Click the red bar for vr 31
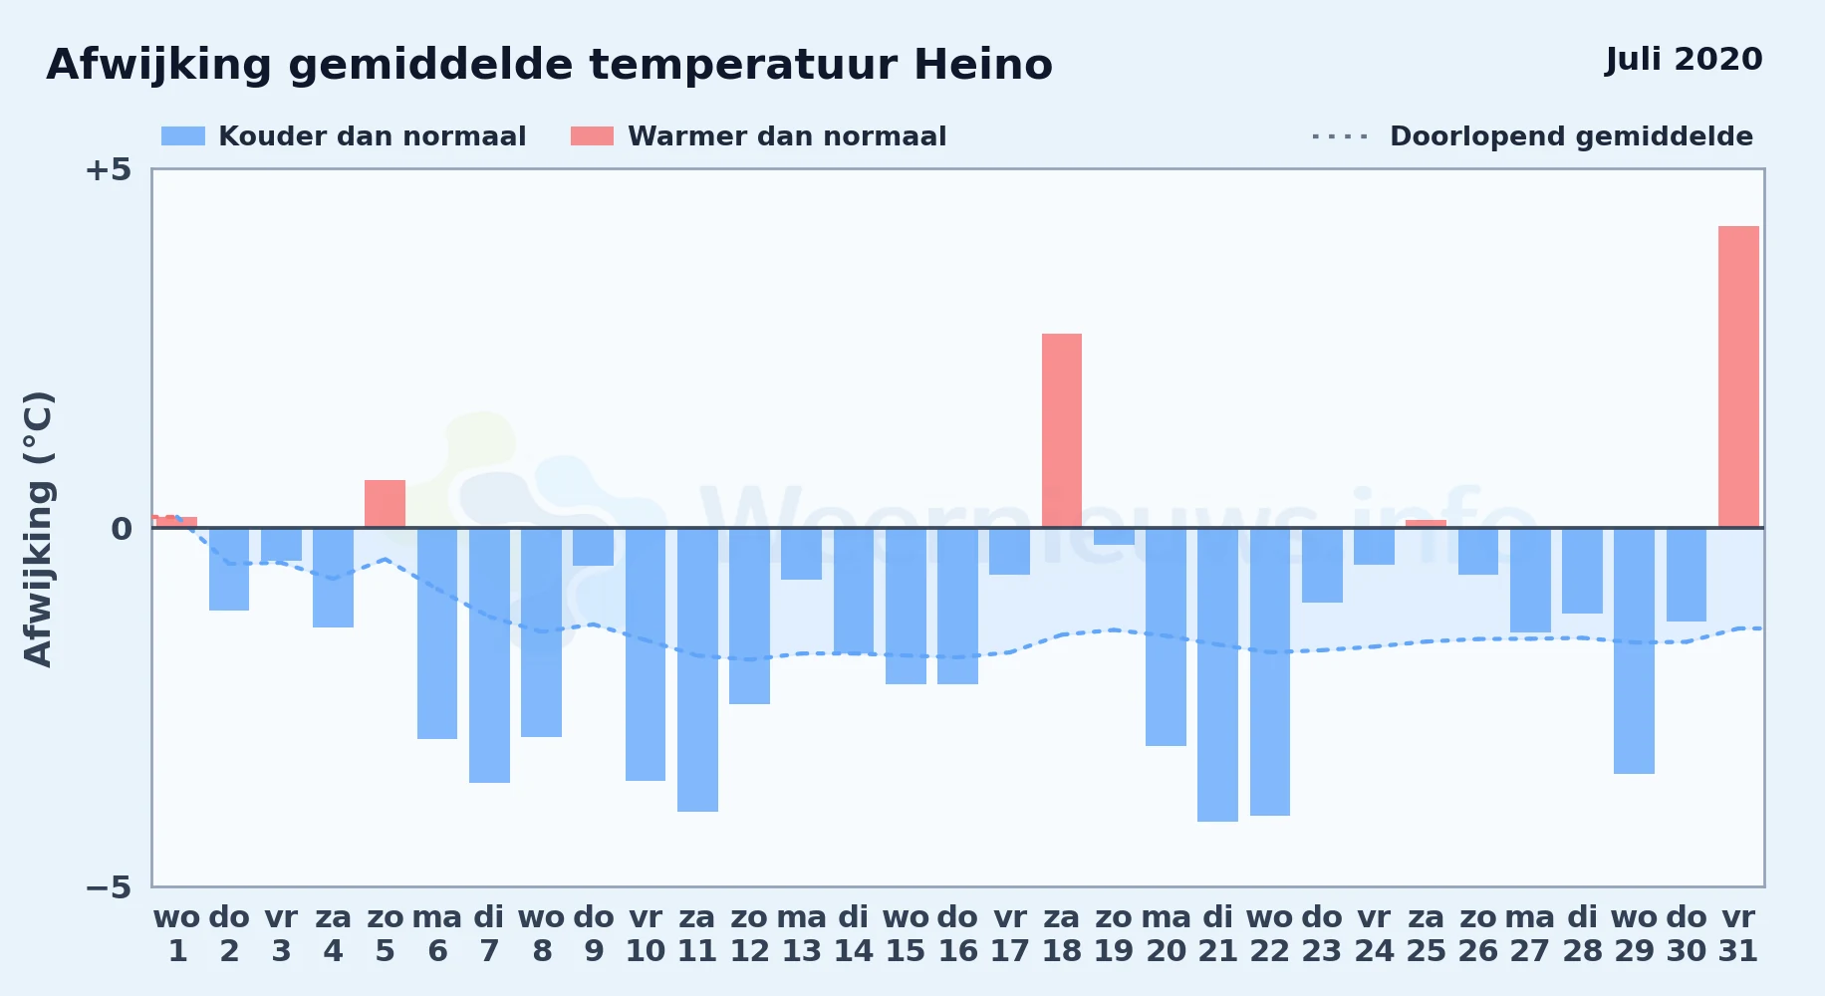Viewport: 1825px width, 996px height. coord(1738,376)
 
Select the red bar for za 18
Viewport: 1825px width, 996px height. coord(1062,430)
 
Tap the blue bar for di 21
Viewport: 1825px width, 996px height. coord(1217,674)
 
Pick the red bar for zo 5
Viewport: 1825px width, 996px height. coord(385,504)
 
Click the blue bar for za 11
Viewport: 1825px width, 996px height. coord(697,669)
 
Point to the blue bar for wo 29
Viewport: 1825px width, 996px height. coord(1634,650)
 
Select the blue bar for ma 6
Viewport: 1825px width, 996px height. coord(437,633)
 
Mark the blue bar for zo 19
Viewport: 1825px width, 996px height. coord(1114,536)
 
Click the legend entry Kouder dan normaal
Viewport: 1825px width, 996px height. coord(344,136)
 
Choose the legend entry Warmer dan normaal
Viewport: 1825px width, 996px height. coord(758,136)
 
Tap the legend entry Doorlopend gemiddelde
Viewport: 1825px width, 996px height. coord(1533,136)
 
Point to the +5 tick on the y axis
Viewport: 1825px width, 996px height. coord(108,169)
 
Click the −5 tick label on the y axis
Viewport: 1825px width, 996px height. coord(108,886)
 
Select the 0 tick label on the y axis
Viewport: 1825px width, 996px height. coord(122,528)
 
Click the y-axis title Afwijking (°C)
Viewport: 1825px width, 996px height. coord(38,529)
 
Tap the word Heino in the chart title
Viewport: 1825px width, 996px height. coord(983,65)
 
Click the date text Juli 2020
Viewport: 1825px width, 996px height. coord(1685,59)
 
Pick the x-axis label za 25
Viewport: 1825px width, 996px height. coord(1426,934)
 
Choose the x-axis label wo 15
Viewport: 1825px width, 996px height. coord(906,934)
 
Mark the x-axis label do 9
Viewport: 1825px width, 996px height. coord(594,934)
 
